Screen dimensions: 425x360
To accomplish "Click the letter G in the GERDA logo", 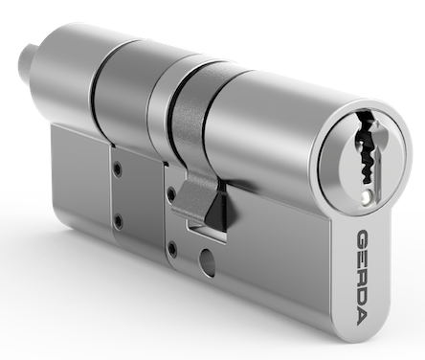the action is coord(363,239).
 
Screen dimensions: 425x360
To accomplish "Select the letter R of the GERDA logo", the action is coord(363,281).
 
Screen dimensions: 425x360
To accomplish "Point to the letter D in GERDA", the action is coord(363,300).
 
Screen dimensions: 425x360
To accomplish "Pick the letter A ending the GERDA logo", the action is coord(362,318).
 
